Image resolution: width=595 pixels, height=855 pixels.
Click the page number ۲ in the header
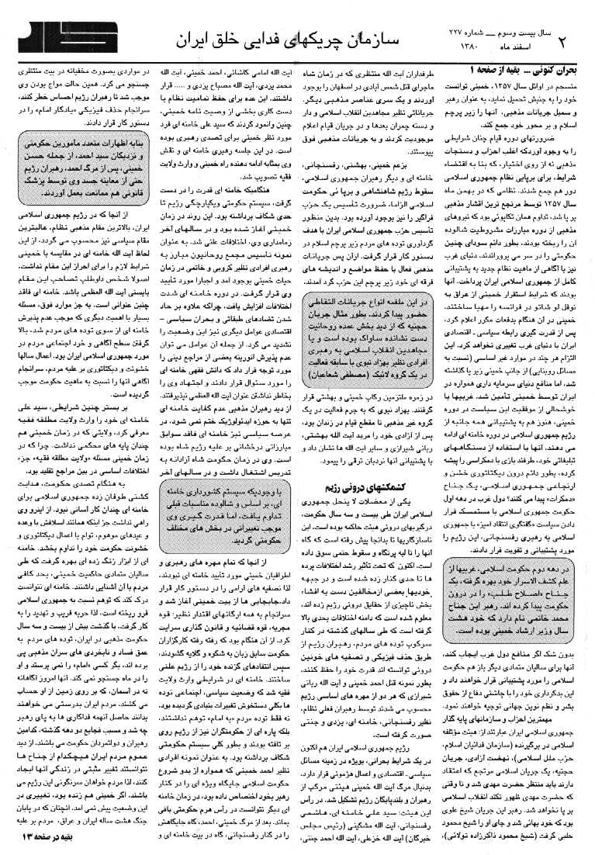pos(580,37)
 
